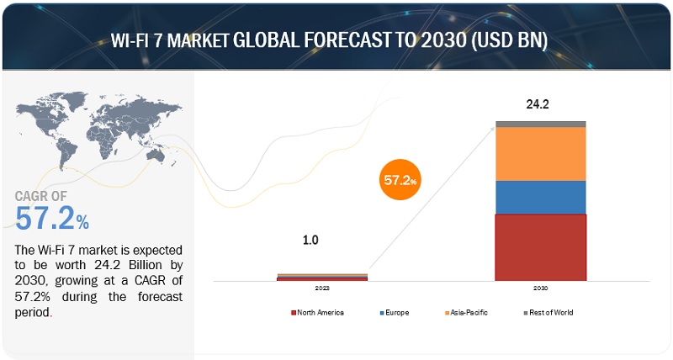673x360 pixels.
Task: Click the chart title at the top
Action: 336,40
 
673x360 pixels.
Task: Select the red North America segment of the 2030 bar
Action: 540,247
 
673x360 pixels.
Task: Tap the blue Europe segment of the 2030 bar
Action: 540,197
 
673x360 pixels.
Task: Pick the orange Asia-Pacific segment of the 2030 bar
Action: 540,153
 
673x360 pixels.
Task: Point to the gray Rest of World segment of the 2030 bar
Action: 540,124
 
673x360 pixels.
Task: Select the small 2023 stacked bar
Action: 310,276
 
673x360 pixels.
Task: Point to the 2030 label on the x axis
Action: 540,289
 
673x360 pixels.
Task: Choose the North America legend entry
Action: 318,313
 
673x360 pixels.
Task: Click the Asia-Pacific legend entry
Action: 466,313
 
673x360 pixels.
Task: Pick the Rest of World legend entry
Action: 548,313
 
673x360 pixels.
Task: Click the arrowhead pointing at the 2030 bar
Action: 493,127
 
